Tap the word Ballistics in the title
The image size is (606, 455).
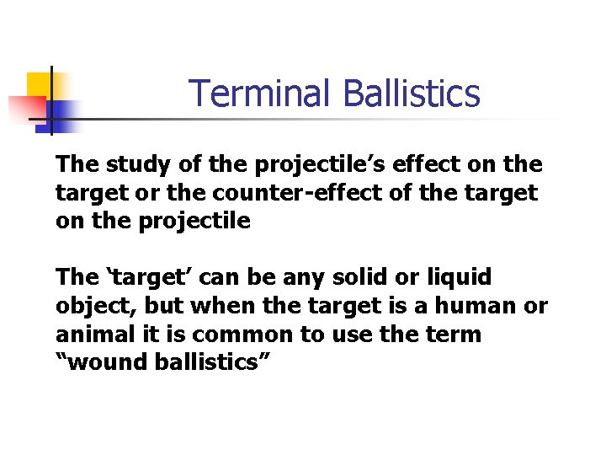[x=412, y=94]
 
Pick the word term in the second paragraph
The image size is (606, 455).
[x=454, y=335]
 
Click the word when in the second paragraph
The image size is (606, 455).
[x=212, y=306]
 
